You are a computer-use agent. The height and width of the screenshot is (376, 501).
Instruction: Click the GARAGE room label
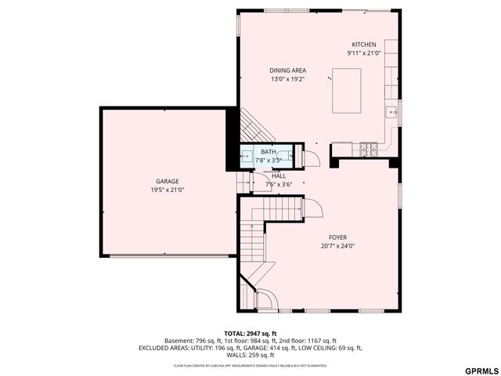167,181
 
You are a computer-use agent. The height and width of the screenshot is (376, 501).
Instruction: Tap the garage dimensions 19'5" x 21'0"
167,190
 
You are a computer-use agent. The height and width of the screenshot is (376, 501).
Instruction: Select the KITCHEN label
364,45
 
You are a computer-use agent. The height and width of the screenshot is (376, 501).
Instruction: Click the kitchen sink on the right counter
392,113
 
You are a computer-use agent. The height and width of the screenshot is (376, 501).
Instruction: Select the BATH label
269,152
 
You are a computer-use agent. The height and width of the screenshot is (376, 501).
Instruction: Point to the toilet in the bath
292,156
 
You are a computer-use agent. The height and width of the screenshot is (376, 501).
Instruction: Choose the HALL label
279,176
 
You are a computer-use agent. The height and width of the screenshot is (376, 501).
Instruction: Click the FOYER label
337,237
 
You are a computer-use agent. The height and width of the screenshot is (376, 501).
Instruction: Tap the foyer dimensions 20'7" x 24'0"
337,246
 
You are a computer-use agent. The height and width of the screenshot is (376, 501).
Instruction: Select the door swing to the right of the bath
311,157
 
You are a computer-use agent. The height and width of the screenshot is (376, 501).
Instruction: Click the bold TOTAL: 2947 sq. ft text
250,334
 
